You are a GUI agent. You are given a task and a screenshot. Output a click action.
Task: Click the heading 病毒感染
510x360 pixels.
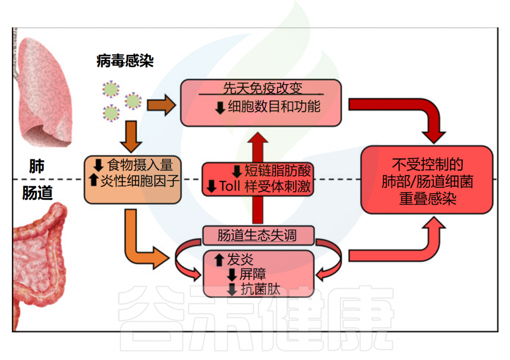[x=125, y=61]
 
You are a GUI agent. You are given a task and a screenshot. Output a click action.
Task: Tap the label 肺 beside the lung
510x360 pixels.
[x=36, y=167]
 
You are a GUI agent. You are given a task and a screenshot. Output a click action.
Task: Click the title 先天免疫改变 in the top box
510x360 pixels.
[x=260, y=88]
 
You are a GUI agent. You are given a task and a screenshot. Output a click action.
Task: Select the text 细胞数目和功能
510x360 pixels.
[x=273, y=107]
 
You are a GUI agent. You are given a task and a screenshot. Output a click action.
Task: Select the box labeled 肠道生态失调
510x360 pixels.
[x=257, y=235]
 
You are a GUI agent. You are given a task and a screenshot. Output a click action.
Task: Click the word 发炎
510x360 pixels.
[x=240, y=259]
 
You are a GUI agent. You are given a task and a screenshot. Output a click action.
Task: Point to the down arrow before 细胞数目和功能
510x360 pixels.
[x=220, y=107]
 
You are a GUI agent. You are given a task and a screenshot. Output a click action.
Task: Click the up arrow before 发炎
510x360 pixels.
[x=219, y=259]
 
